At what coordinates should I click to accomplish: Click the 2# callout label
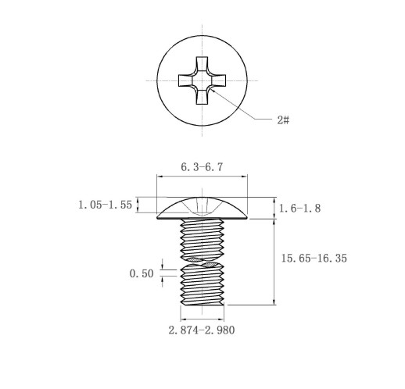point(283,120)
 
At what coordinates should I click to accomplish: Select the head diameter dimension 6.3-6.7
point(202,167)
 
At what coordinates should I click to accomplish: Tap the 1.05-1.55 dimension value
point(106,205)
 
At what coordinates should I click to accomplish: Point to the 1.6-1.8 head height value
point(300,209)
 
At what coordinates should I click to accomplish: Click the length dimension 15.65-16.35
point(314,259)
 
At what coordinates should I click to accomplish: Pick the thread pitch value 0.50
point(142,273)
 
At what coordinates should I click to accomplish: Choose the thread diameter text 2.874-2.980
point(202,330)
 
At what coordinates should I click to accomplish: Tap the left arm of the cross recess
point(186,80)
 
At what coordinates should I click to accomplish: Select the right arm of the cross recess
point(218,80)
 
